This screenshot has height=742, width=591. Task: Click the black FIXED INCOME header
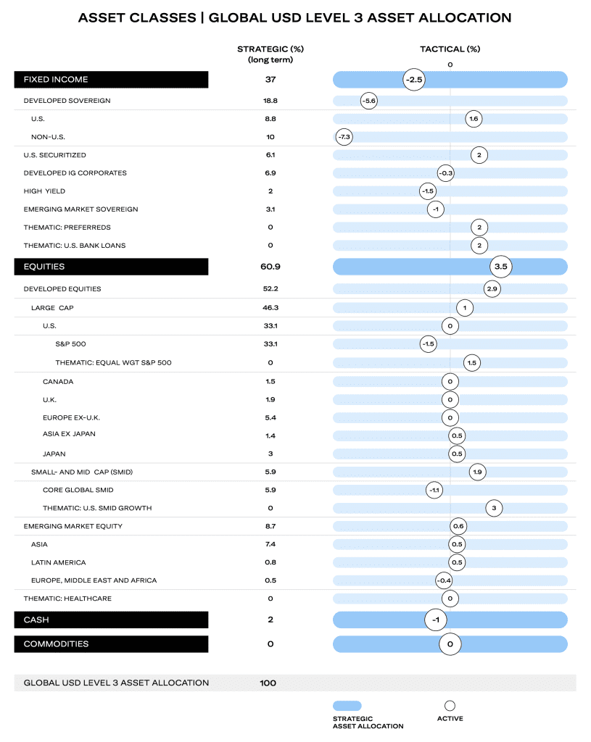click(111, 80)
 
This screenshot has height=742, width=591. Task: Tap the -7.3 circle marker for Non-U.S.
click(344, 137)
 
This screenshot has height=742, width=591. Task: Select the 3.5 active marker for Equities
click(501, 267)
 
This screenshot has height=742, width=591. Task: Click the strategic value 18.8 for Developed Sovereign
click(270, 101)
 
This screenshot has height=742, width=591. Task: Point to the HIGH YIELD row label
click(44, 191)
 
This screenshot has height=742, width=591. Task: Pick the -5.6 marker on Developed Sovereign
click(369, 101)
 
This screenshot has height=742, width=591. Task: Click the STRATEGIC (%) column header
click(270, 49)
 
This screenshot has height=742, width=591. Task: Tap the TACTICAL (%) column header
click(450, 49)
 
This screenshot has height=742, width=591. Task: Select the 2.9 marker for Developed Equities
click(492, 288)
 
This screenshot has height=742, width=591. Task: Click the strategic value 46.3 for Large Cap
click(270, 307)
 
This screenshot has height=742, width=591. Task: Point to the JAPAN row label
click(54, 454)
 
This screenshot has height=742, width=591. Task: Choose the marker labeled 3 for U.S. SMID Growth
click(494, 508)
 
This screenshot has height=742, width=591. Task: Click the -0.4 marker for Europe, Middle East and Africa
click(445, 580)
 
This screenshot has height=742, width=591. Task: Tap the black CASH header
click(111, 620)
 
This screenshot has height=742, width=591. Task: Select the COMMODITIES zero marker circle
click(450, 644)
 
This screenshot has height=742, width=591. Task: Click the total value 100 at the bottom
click(268, 683)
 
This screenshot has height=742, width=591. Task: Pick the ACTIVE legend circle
click(450, 706)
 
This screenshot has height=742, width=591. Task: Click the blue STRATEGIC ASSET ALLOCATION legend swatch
click(347, 706)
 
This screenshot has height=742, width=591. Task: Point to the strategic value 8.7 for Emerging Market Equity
click(270, 526)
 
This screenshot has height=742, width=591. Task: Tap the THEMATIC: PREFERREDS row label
click(67, 227)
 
